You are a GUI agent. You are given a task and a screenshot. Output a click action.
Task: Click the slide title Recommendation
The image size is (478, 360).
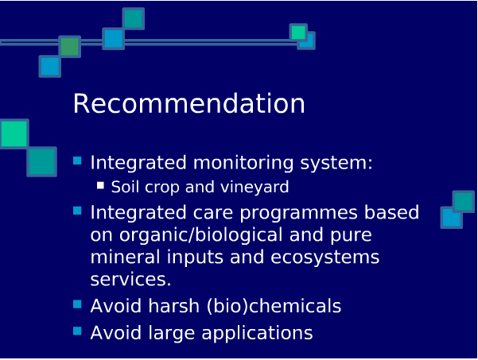tap(188, 103)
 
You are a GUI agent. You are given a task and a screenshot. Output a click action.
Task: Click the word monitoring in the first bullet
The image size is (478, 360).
tap(243, 163)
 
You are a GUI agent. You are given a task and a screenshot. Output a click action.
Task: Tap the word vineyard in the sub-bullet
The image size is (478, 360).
tap(255, 187)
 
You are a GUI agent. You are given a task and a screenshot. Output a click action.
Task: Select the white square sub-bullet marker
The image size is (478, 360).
tap(100, 185)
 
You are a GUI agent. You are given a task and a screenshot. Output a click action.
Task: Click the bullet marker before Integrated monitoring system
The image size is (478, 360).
tap(77, 161)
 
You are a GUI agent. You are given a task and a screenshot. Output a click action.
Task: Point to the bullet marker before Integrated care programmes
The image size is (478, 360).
tap(77, 211)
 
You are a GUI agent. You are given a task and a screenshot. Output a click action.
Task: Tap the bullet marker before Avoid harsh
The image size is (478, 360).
tap(77, 304)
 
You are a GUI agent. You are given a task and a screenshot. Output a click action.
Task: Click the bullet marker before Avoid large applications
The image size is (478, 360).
tap(77, 331)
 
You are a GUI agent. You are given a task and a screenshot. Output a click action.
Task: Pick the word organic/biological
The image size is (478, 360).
tap(201, 235)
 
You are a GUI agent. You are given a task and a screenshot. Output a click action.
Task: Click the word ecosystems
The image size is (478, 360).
tap(325, 257)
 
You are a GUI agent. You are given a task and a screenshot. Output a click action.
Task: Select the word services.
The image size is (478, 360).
tap(130, 279)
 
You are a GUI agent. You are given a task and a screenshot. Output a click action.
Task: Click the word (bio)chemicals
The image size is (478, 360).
tap(274, 306)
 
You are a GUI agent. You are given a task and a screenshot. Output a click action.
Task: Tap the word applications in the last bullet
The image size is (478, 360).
tap(257, 333)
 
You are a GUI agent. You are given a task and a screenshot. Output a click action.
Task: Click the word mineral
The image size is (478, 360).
tap(125, 257)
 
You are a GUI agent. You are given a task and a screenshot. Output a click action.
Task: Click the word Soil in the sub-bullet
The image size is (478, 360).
tap(123, 187)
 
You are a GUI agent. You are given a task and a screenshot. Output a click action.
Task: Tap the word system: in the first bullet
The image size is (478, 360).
tap(336, 163)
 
